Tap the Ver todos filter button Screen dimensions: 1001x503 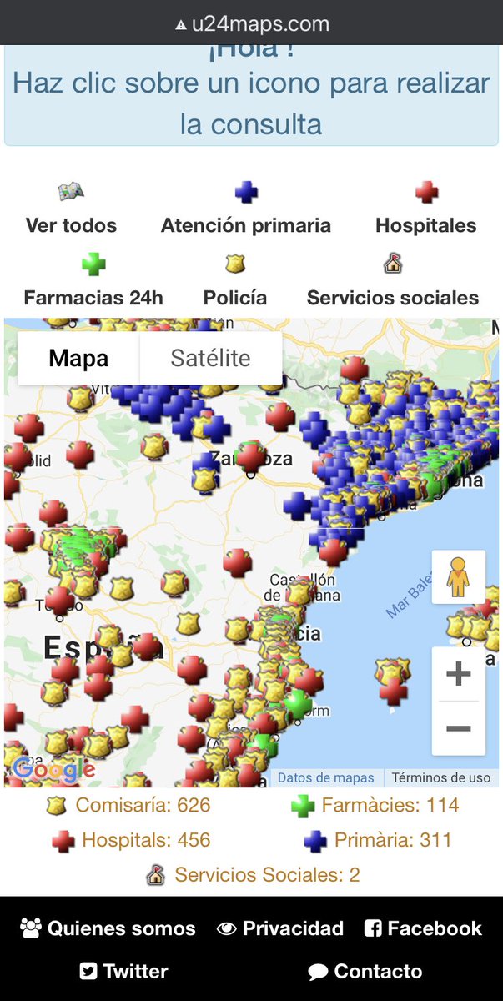(x=71, y=225)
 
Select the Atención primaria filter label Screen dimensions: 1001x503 (x=245, y=225)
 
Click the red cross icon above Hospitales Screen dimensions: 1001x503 (x=426, y=193)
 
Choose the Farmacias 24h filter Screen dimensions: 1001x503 (x=93, y=298)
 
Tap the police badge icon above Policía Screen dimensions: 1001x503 (x=234, y=264)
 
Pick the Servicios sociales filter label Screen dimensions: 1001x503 (x=393, y=298)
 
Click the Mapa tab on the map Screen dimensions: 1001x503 (x=78, y=359)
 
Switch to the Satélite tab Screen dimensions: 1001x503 (x=210, y=359)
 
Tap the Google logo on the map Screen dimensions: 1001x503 (x=53, y=769)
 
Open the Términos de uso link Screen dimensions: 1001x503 (x=441, y=777)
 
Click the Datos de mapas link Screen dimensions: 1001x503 (x=326, y=777)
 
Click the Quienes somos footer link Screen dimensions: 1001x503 (x=108, y=928)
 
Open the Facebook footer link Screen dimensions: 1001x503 (x=423, y=928)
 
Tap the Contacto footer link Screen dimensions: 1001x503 (x=365, y=972)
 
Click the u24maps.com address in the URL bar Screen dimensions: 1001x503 (x=259, y=24)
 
